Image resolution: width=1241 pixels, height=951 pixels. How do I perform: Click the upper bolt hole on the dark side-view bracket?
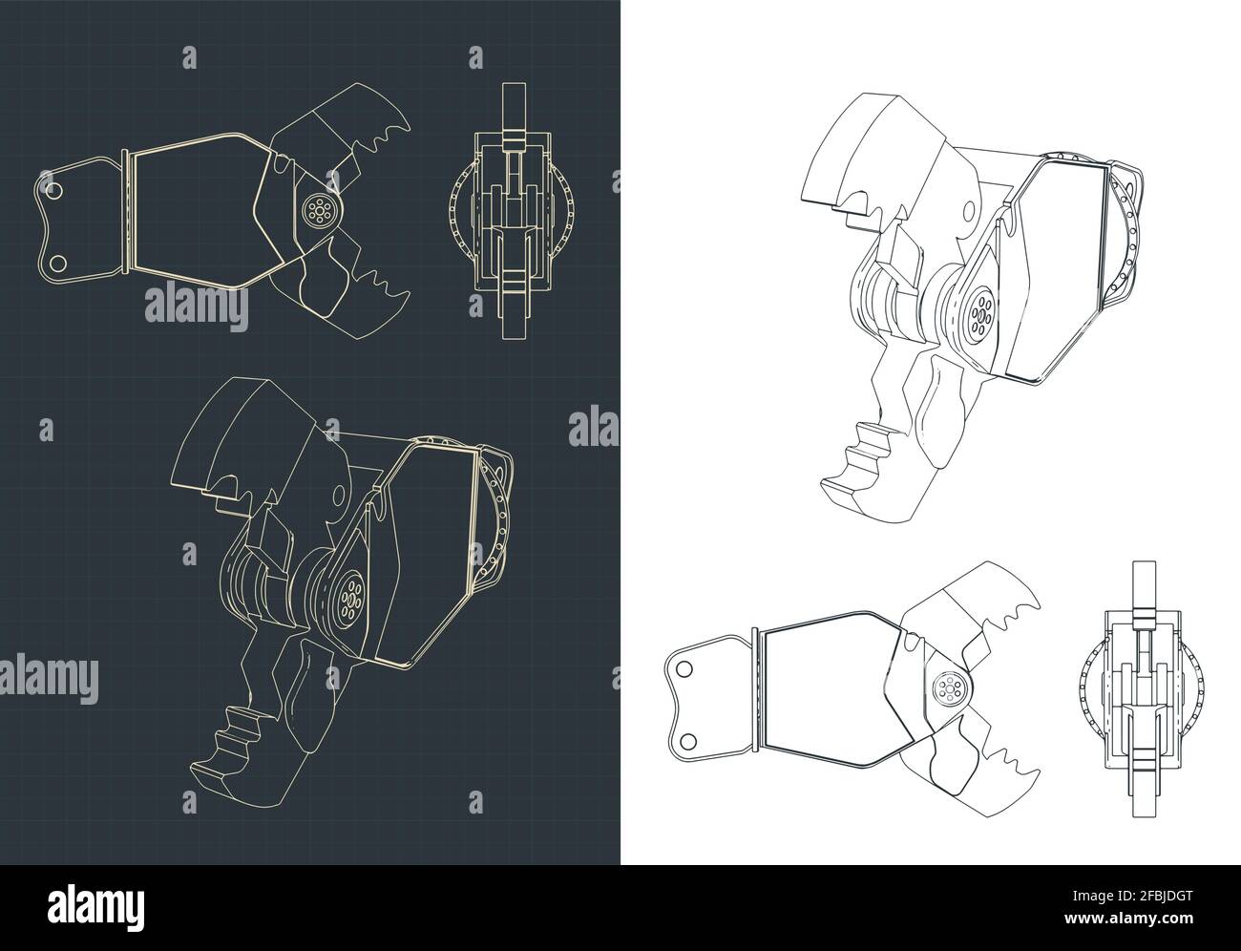point(54,192)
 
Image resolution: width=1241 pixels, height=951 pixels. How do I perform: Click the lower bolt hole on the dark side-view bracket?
point(55,262)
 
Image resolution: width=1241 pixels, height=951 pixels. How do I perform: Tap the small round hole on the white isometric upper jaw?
point(972,209)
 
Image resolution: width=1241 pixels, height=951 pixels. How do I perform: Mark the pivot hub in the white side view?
point(947,689)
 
